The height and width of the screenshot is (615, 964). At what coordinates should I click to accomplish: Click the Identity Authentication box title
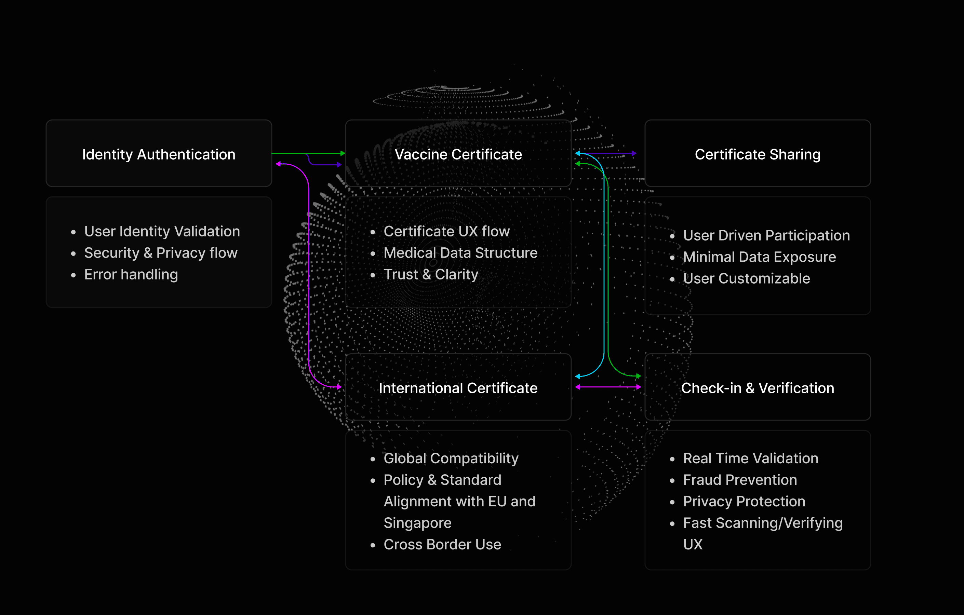(159, 154)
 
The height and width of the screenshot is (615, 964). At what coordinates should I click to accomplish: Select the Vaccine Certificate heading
(458, 154)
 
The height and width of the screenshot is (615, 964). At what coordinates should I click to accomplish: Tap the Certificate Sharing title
(758, 154)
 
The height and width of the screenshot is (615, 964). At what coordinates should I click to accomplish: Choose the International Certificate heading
(458, 388)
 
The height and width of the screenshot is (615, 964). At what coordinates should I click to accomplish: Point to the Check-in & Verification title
(758, 388)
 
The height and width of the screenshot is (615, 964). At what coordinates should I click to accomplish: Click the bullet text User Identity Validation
(162, 231)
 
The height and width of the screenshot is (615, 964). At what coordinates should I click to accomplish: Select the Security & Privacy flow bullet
(161, 253)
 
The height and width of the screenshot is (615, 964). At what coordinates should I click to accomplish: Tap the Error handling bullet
(131, 274)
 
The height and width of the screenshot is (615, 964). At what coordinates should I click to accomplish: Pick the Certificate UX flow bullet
(446, 231)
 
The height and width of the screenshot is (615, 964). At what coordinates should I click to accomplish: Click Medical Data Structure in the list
(460, 253)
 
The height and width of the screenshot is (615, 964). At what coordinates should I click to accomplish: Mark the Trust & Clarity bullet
(431, 274)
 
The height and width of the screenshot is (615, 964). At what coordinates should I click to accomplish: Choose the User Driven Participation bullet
(766, 235)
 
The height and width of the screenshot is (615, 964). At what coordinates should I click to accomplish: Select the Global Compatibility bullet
(451, 458)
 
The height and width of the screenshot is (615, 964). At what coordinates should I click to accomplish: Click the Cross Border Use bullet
(442, 545)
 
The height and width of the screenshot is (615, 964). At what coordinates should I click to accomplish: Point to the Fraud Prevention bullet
(740, 480)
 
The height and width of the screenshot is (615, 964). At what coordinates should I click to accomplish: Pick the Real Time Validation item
(751, 458)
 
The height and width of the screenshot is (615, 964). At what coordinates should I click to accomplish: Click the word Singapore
(417, 523)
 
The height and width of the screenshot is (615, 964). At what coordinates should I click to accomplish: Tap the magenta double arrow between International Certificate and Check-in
(608, 387)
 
